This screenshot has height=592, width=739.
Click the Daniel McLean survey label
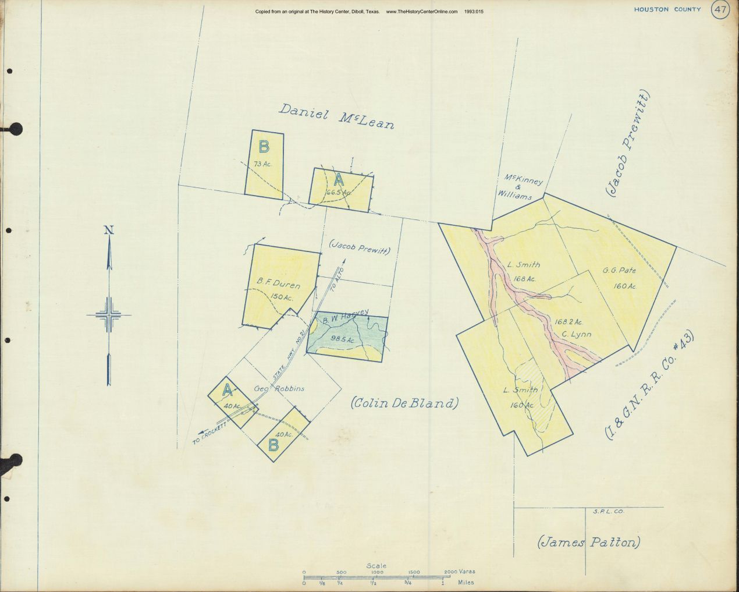[x=336, y=116]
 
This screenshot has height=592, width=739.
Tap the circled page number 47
[x=720, y=10]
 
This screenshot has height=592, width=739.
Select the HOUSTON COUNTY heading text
[x=667, y=10]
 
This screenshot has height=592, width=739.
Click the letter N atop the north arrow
[x=108, y=230]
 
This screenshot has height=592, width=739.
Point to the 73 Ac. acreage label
[x=262, y=164]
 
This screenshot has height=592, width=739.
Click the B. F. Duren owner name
[x=278, y=285]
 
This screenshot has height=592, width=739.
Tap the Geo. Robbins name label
[x=279, y=389]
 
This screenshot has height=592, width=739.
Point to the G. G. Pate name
[x=619, y=271]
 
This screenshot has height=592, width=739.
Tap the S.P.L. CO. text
[x=608, y=512]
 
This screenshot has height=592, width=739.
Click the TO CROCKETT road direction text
[x=209, y=434]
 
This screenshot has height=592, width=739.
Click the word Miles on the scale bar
[x=465, y=583]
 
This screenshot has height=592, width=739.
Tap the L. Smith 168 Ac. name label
[x=523, y=265]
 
